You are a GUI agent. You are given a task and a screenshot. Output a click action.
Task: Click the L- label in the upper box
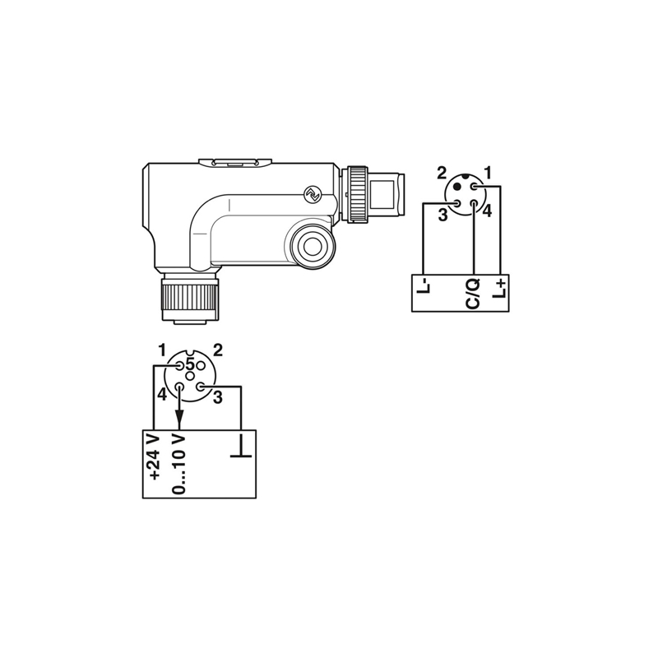tap(424, 286)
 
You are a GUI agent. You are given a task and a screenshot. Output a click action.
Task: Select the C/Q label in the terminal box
tap(473, 293)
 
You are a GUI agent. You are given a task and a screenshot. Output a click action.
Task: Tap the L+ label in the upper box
tap(499, 290)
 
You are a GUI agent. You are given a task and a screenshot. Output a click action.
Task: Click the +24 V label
tap(155, 456)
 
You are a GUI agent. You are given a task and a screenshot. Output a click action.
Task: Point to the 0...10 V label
tap(178, 464)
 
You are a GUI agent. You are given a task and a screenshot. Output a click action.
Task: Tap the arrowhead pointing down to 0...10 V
tap(179, 417)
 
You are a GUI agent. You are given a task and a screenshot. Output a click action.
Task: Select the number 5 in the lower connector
tap(190, 363)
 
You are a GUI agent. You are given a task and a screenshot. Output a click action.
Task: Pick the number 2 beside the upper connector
tap(442, 173)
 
